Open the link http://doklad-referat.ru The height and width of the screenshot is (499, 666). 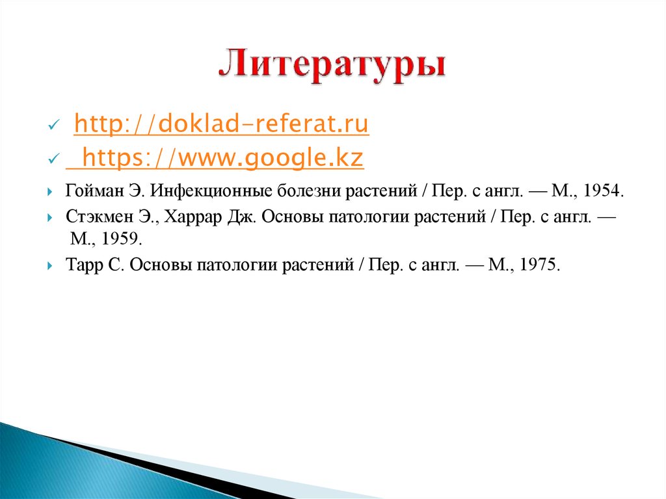point(221,124)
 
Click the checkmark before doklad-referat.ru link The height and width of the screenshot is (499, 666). point(54,126)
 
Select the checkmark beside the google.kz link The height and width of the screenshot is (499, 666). point(54,159)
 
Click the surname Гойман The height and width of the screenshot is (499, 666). point(88,192)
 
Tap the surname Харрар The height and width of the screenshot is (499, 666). point(192,217)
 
